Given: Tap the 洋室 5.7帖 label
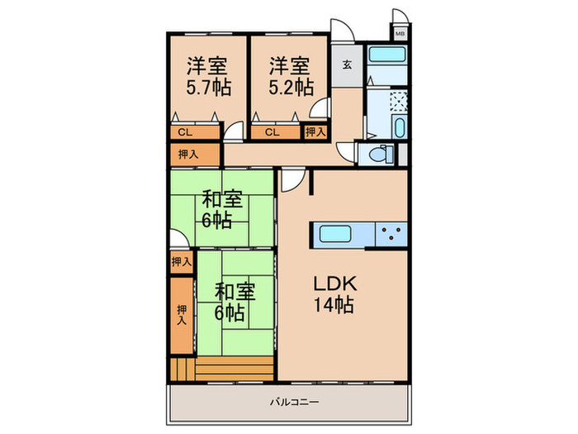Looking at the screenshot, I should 208,75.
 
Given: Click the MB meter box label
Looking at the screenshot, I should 400,34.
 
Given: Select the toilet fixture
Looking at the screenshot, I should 383,154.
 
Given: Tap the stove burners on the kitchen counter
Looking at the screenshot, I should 391,233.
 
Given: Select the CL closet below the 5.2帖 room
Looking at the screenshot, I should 270,131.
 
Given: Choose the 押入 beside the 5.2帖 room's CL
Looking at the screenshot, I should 315,131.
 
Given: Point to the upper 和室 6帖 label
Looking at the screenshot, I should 222,209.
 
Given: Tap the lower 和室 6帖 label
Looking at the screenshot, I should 235,302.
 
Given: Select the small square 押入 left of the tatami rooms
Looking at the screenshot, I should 182,261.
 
